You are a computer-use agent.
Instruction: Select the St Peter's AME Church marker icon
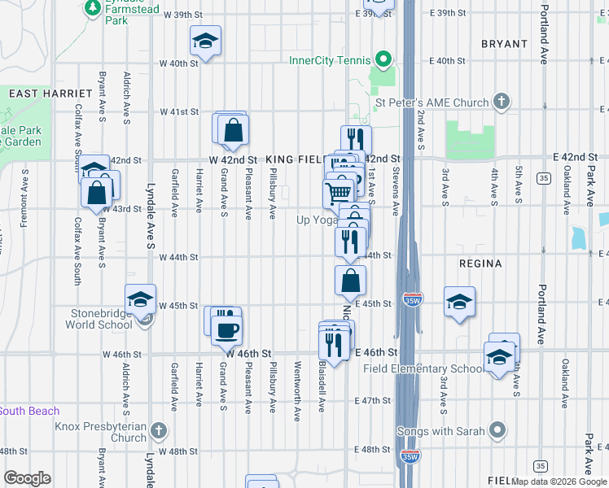coord(502,102)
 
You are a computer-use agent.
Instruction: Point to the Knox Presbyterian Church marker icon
coord(159,429)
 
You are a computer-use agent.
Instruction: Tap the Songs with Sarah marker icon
coord(497,430)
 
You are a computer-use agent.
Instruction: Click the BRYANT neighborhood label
coord(505,43)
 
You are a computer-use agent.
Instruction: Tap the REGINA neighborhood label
coord(480,264)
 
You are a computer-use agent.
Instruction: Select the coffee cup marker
coord(226,329)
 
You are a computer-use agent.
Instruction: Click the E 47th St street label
coord(375,401)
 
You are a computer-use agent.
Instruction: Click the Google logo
coord(26,478)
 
